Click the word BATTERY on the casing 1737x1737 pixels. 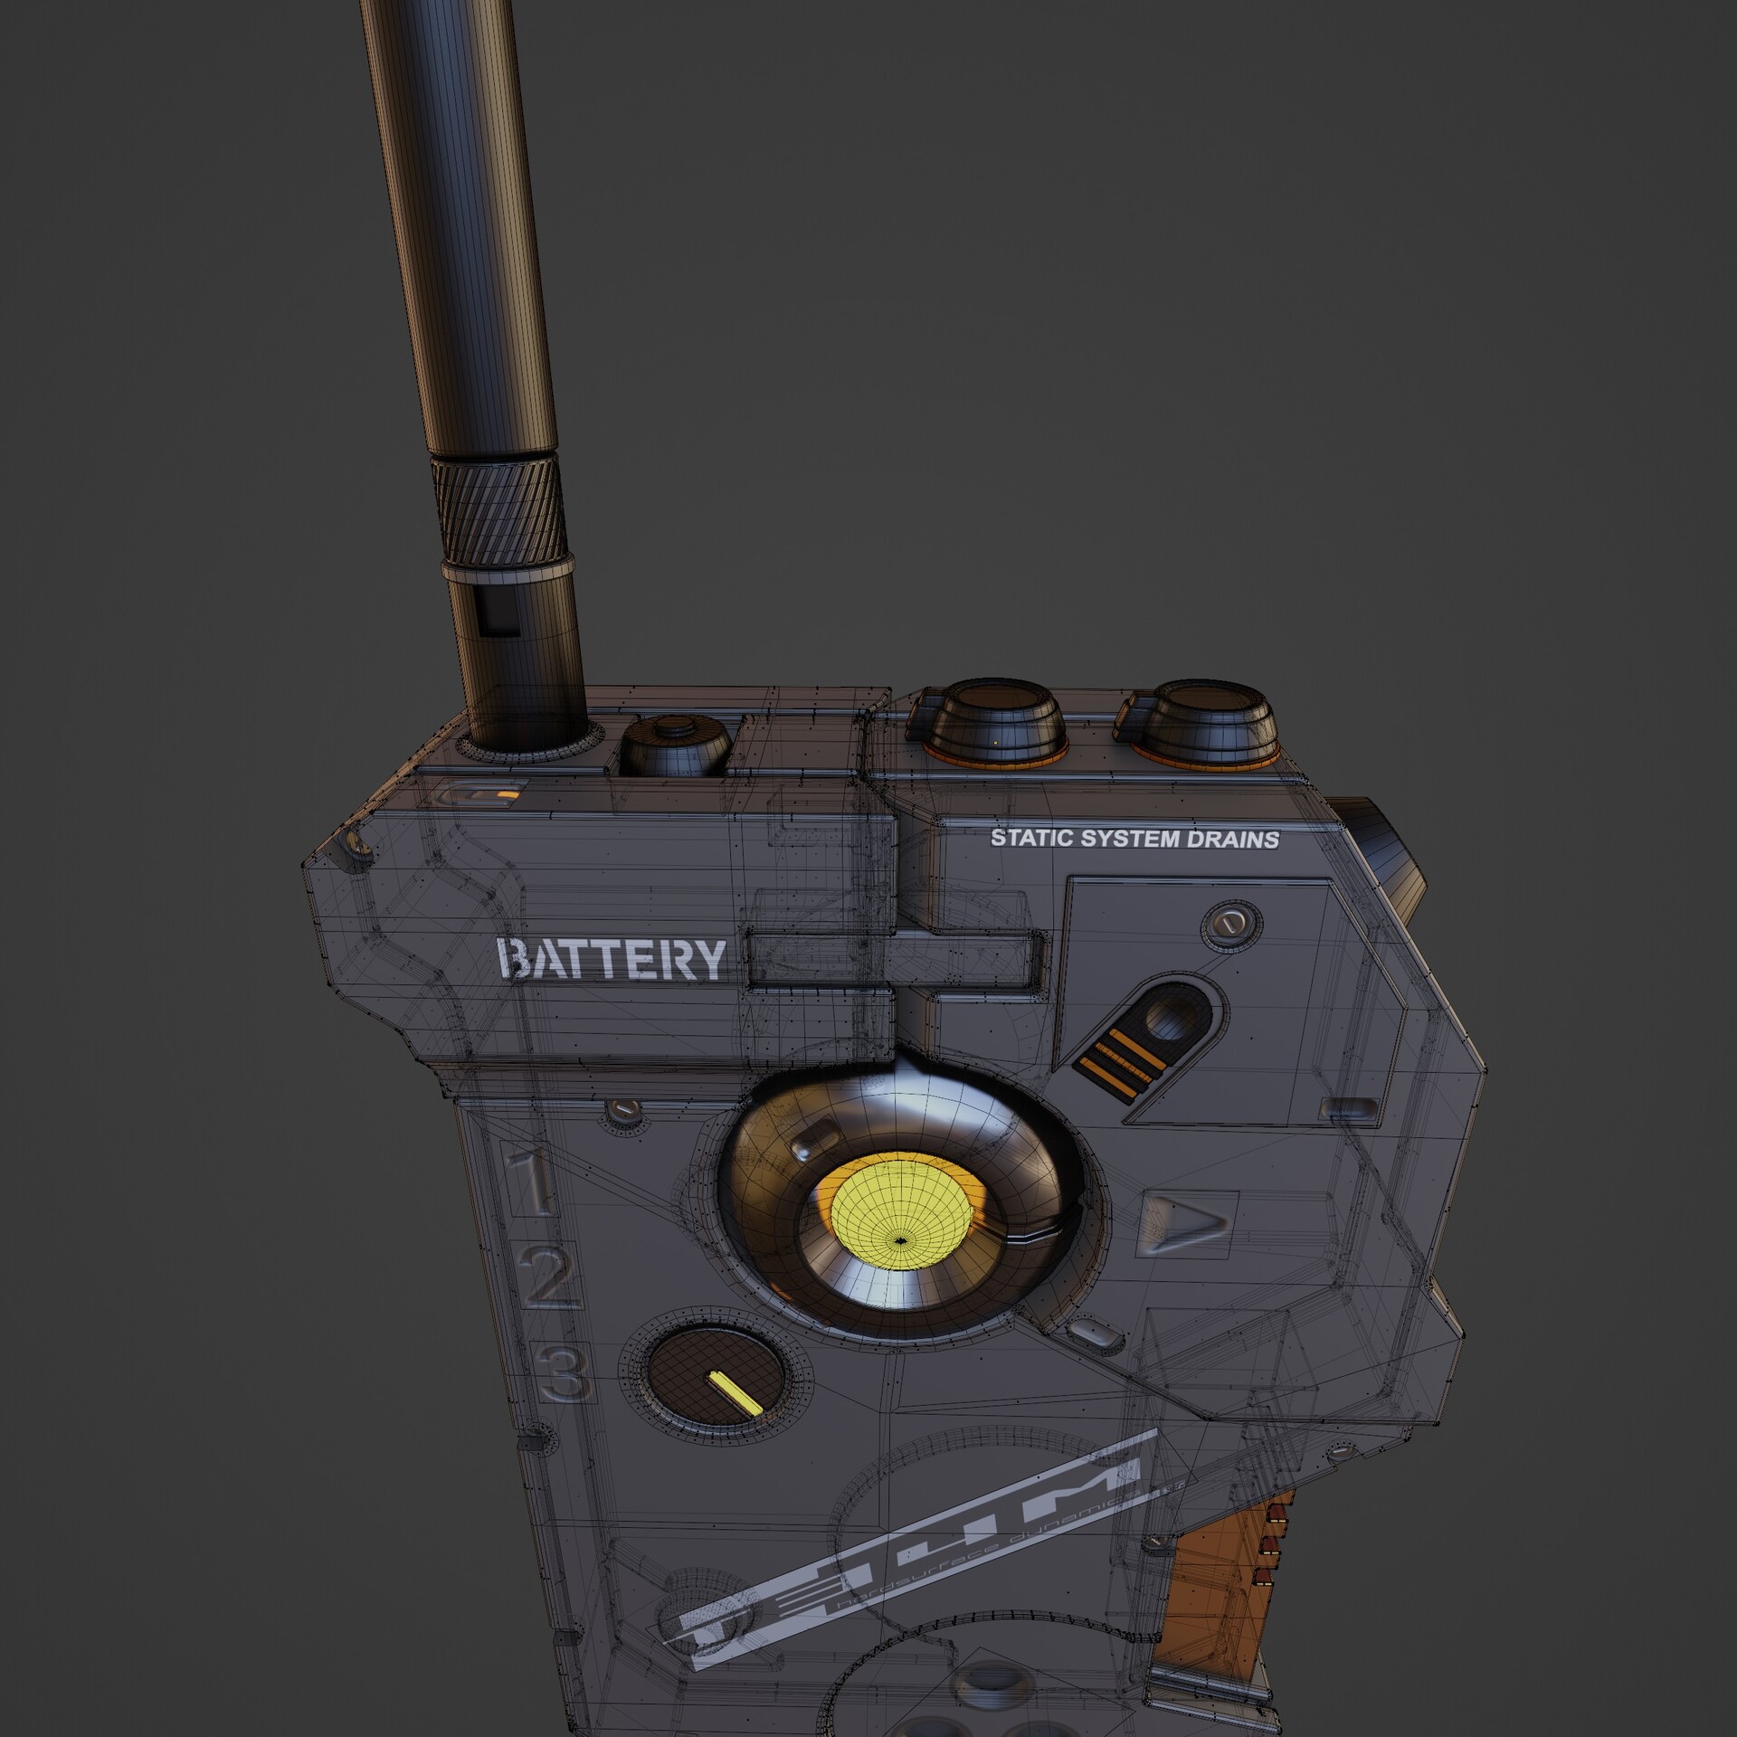point(612,960)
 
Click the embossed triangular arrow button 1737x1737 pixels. point(1186,1224)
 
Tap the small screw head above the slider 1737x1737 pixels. point(1229,924)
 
